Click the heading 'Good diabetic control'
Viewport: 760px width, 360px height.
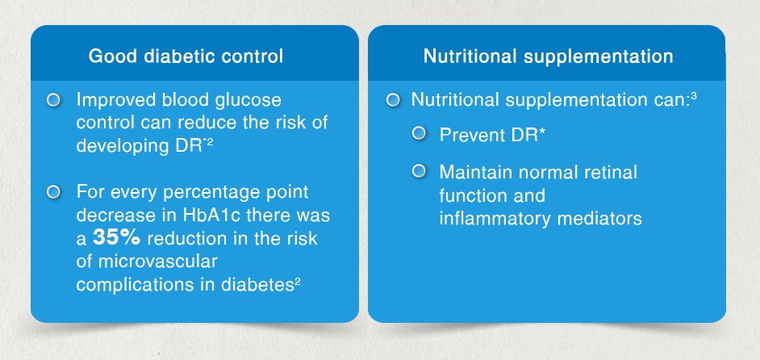tap(186, 57)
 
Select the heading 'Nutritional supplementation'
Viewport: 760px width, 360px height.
tap(548, 57)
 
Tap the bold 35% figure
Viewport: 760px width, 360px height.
tap(116, 238)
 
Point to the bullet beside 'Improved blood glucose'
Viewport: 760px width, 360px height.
tap(54, 100)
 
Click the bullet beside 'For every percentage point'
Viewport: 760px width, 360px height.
tap(54, 192)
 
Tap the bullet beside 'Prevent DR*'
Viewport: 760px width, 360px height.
tap(419, 133)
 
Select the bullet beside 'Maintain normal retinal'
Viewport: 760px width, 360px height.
tap(419, 171)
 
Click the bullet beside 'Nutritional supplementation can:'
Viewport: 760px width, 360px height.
tap(393, 100)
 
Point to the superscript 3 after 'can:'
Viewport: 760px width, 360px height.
tap(694, 96)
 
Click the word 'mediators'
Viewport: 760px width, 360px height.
tap(600, 219)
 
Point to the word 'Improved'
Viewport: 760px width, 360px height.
tap(109, 100)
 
